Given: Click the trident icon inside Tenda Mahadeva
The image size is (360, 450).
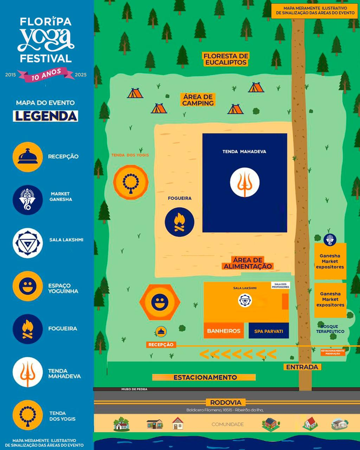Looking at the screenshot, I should point(245,182).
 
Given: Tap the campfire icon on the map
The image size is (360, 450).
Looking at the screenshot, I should point(179,222).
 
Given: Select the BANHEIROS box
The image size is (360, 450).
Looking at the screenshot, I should point(224,331).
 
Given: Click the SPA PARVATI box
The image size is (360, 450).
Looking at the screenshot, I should point(269,331).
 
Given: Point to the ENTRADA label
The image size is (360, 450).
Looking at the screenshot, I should point(302,367).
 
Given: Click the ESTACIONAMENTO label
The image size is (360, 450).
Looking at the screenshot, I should point(205,377).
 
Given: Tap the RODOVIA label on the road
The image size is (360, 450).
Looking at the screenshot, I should point(226,403).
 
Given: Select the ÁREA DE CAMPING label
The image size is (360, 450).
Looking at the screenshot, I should point(198,100).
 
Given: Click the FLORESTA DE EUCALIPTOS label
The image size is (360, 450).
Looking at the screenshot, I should point(226,59).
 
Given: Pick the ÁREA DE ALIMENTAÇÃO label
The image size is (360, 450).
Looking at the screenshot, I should point(248,263).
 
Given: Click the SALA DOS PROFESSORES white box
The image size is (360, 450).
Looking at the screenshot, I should point(281,285).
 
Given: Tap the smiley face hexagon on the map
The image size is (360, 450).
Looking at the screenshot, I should point(160,302).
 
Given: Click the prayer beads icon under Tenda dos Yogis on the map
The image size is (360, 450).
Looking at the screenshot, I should point(131,182).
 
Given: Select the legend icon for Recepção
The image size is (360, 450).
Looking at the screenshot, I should point(27,157).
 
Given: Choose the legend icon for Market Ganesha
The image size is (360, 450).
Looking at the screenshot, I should point(27,200).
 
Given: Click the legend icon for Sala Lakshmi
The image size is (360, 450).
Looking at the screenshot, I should point(27,243).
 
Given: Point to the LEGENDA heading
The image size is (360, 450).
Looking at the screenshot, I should point(45,116).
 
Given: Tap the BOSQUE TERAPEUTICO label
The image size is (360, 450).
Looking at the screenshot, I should point(330,329).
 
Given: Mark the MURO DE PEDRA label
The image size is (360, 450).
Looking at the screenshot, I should point(134,389).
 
